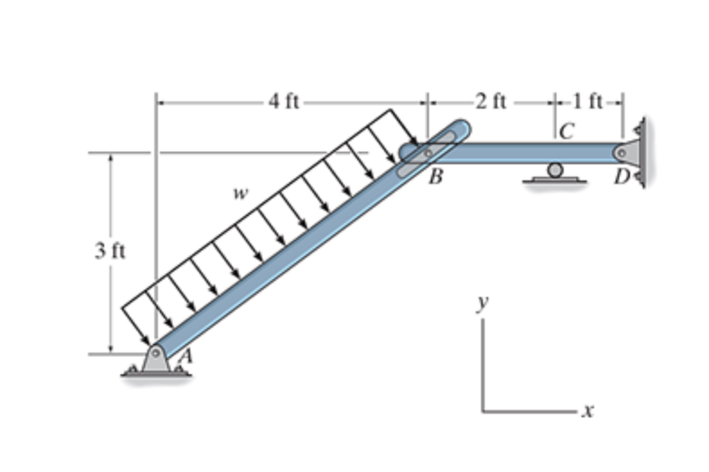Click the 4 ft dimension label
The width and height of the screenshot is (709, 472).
284,101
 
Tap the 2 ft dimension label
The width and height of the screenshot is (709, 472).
491,101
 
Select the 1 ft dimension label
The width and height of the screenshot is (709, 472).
588,101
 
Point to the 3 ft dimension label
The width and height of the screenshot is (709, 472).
109,251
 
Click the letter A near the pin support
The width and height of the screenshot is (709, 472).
186,356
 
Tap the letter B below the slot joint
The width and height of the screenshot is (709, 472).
435,176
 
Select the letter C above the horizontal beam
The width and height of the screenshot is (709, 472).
567,132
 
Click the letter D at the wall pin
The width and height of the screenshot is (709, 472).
622,177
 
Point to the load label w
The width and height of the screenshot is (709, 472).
241,194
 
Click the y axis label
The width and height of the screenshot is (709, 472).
484,303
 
